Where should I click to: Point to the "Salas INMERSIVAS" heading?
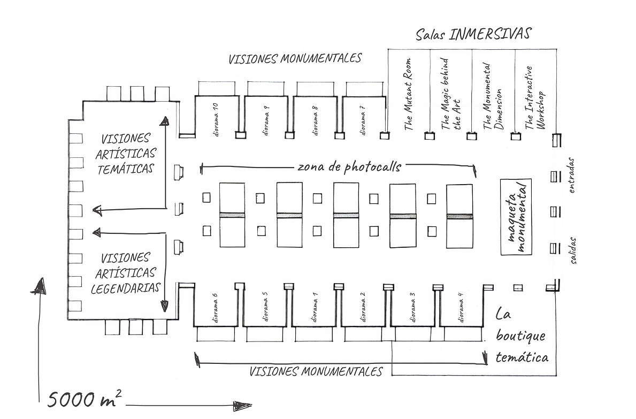click(x=473, y=34)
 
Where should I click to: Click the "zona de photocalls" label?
click(x=348, y=166)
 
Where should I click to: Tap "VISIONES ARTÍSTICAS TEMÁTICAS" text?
click(x=127, y=154)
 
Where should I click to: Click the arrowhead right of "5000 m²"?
click(x=243, y=406)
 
